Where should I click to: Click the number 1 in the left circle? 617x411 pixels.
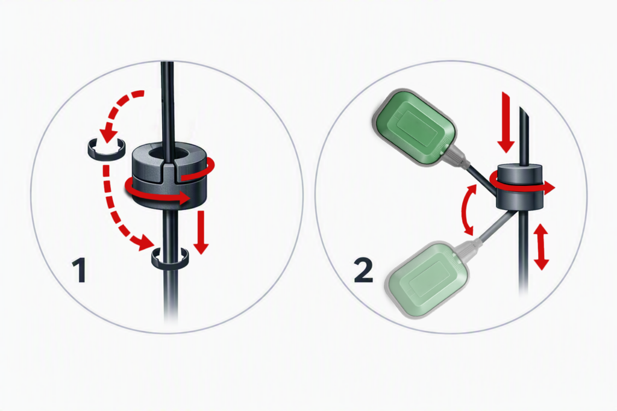coord(80,270)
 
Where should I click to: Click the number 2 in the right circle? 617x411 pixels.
coord(363,270)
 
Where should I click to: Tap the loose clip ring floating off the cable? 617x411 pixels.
coord(105,149)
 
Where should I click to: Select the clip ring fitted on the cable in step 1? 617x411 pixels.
coord(171,258)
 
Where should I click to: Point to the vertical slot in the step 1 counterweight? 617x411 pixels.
coord(169,172)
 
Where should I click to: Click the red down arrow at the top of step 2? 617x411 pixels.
coord(506,122)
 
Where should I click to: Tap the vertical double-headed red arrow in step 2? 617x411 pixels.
coord(542,246)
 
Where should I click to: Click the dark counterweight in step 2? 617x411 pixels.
coord(520,187)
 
